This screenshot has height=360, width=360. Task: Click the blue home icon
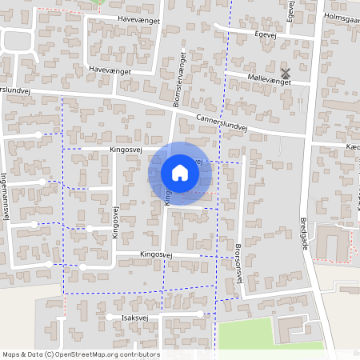coord(180,172)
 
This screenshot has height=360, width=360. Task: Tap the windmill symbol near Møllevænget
coord(286,73)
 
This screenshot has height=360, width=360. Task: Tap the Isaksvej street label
coord(135,317)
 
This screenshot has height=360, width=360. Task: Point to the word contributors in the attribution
coord(138,354)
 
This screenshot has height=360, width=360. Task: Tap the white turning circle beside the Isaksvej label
coord(109,318)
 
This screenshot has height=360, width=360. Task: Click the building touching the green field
coord(297,327)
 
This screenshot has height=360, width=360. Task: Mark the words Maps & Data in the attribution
coord(22,354)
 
